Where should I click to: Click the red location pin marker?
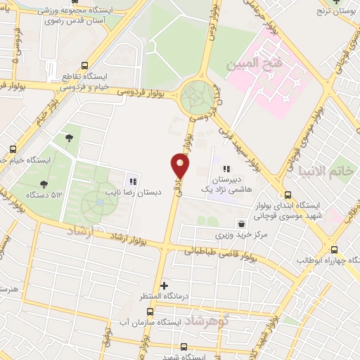[x=181, y=166]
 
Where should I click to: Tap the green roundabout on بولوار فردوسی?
[x=198, y=98]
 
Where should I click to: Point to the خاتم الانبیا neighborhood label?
[x=322, y=171]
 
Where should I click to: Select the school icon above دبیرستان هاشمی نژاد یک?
[x=226, y=169]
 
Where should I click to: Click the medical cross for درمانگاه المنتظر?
[x=165, y=285]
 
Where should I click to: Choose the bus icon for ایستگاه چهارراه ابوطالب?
[x=334, y=249]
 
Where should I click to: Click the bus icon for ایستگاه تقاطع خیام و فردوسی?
[x=84, y=63]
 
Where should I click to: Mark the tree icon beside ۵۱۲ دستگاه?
[x=44, y=184]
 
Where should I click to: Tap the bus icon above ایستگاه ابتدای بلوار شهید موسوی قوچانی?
[x=287, y=195]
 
